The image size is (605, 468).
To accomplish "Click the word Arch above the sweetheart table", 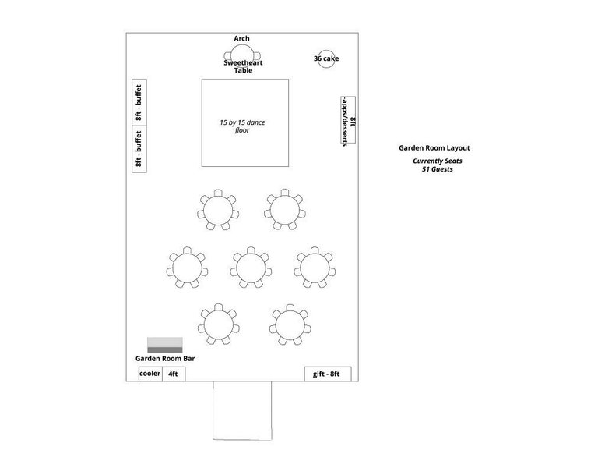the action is point(241,39).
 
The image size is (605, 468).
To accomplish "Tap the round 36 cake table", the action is point(326,58).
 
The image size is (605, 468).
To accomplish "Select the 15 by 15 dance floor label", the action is point(242,126).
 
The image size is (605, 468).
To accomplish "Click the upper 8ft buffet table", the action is point(139,102).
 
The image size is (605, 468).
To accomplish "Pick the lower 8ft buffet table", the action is point(139,149).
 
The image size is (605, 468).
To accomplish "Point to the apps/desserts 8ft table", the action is point(348,120).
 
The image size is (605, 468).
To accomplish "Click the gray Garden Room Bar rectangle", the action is point(165,345).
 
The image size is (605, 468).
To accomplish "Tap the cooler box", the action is point(150,374).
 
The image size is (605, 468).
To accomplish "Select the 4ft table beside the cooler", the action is point(174,374).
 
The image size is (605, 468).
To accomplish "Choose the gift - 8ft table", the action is point(328,374).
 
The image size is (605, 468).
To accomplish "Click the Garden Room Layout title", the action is point(434,148).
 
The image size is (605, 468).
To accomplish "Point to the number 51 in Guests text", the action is point(426,169).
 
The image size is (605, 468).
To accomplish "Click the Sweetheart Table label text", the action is point(243,66).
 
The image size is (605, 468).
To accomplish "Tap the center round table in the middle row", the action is point(251,268).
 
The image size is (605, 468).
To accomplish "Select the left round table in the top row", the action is point(218,210).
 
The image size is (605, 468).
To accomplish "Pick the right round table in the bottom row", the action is point(290,324).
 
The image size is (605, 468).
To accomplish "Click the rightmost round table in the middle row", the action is point(315,268).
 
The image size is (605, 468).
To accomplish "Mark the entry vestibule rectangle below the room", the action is point(242,410).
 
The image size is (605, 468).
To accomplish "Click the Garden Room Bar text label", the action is point(165,359).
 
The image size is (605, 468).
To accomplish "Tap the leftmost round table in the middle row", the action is point(187,268).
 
